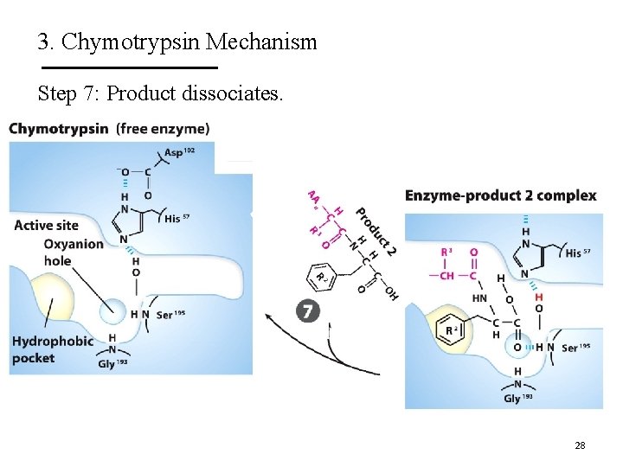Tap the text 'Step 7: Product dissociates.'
[160, 93]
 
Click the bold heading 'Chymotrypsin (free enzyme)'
[109, 129]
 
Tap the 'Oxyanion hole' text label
[74, 252]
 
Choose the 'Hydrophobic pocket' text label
[52, 349]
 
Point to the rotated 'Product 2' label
[376, 231]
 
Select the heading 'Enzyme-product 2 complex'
[500, 195]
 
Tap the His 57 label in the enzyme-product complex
[578, 253]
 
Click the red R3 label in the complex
[446, 253]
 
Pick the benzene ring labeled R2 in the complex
[451, 329]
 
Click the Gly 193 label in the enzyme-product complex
[517, 399]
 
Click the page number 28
[580, 445]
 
